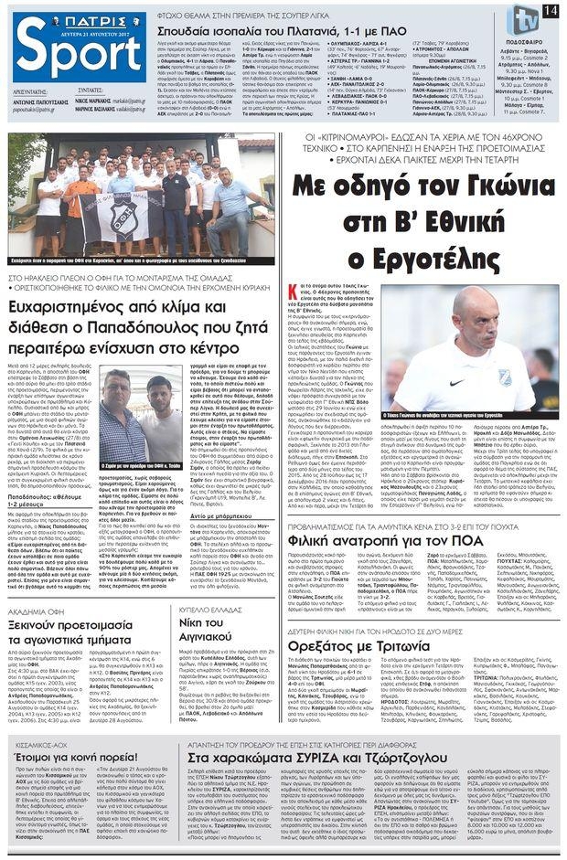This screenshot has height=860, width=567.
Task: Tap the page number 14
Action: pos(549,9)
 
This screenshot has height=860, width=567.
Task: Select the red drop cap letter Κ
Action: pos(294,290)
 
